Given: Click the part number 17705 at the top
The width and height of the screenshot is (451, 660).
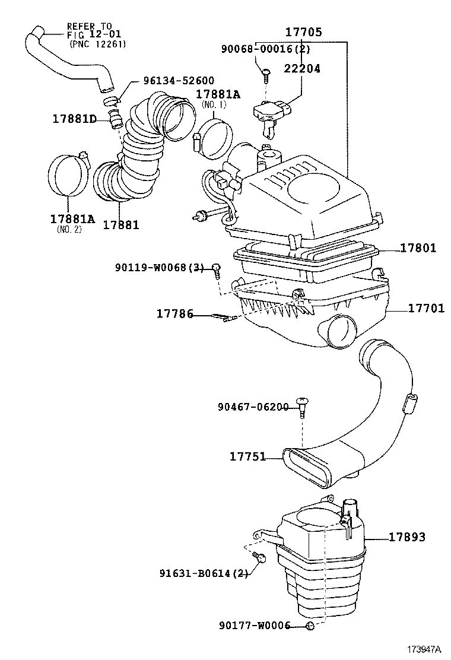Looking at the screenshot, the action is click(304, 32).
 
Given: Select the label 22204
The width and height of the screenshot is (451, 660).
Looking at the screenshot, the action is click(302, 68).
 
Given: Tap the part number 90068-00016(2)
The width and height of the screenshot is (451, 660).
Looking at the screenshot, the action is click(266, 49).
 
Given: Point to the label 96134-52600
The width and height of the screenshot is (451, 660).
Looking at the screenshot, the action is click(179, 80).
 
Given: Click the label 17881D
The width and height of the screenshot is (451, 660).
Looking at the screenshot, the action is click(74, 119).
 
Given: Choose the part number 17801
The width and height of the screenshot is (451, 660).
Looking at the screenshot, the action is click(418, 248).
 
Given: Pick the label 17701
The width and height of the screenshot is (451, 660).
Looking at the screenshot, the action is click(426, 309).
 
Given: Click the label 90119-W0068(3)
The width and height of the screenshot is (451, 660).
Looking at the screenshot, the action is click(160, 267).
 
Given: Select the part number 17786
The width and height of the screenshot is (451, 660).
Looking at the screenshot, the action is click(175, 313).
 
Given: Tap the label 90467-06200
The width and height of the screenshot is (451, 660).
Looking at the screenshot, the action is click(253, 407).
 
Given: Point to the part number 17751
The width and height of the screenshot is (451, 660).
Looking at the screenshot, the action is click(248, 456).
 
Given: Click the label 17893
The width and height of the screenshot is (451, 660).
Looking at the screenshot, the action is click(407, 537).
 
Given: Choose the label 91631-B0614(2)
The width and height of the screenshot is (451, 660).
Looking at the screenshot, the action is click(204, 573).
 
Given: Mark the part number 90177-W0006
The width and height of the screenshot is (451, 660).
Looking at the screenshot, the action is click(255, 626).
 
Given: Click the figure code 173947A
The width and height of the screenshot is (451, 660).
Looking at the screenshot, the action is click(423, 649).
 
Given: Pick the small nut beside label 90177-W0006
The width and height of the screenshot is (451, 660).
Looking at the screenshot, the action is click(310, 626).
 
